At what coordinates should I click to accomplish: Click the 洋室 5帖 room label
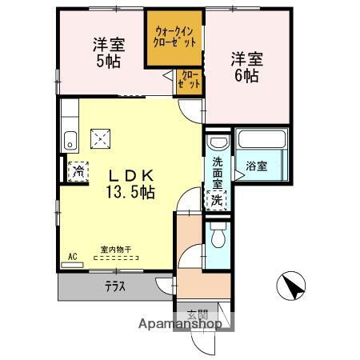106,53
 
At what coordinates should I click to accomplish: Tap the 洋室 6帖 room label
245,66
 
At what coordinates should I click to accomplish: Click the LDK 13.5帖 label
127,183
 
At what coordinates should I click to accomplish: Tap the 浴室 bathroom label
256,166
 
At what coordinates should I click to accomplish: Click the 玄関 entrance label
197,314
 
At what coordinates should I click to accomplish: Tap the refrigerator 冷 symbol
78,170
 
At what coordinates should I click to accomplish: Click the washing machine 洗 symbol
217,202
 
